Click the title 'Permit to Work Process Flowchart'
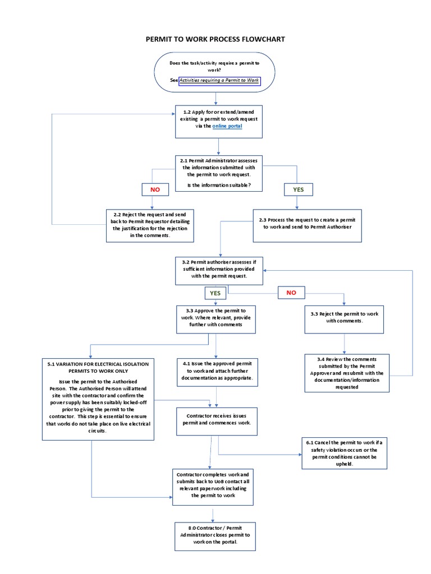coord(215,39)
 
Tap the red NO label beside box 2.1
coord(155,189)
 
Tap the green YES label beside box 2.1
coord(298,189)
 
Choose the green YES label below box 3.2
coord(215,293)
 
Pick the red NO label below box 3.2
coord(291,293)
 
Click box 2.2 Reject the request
coord(150,225)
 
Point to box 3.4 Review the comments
coord(346,373)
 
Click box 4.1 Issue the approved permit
coord(217,371)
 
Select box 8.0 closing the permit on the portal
coord(216,535)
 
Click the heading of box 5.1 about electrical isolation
coord(98,367)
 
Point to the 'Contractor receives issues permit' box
coord(217,420)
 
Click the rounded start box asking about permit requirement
coord(215,72)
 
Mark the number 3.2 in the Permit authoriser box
coord(186,262)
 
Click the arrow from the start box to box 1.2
coord(215,99)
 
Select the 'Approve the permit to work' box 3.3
coord(216,317)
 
